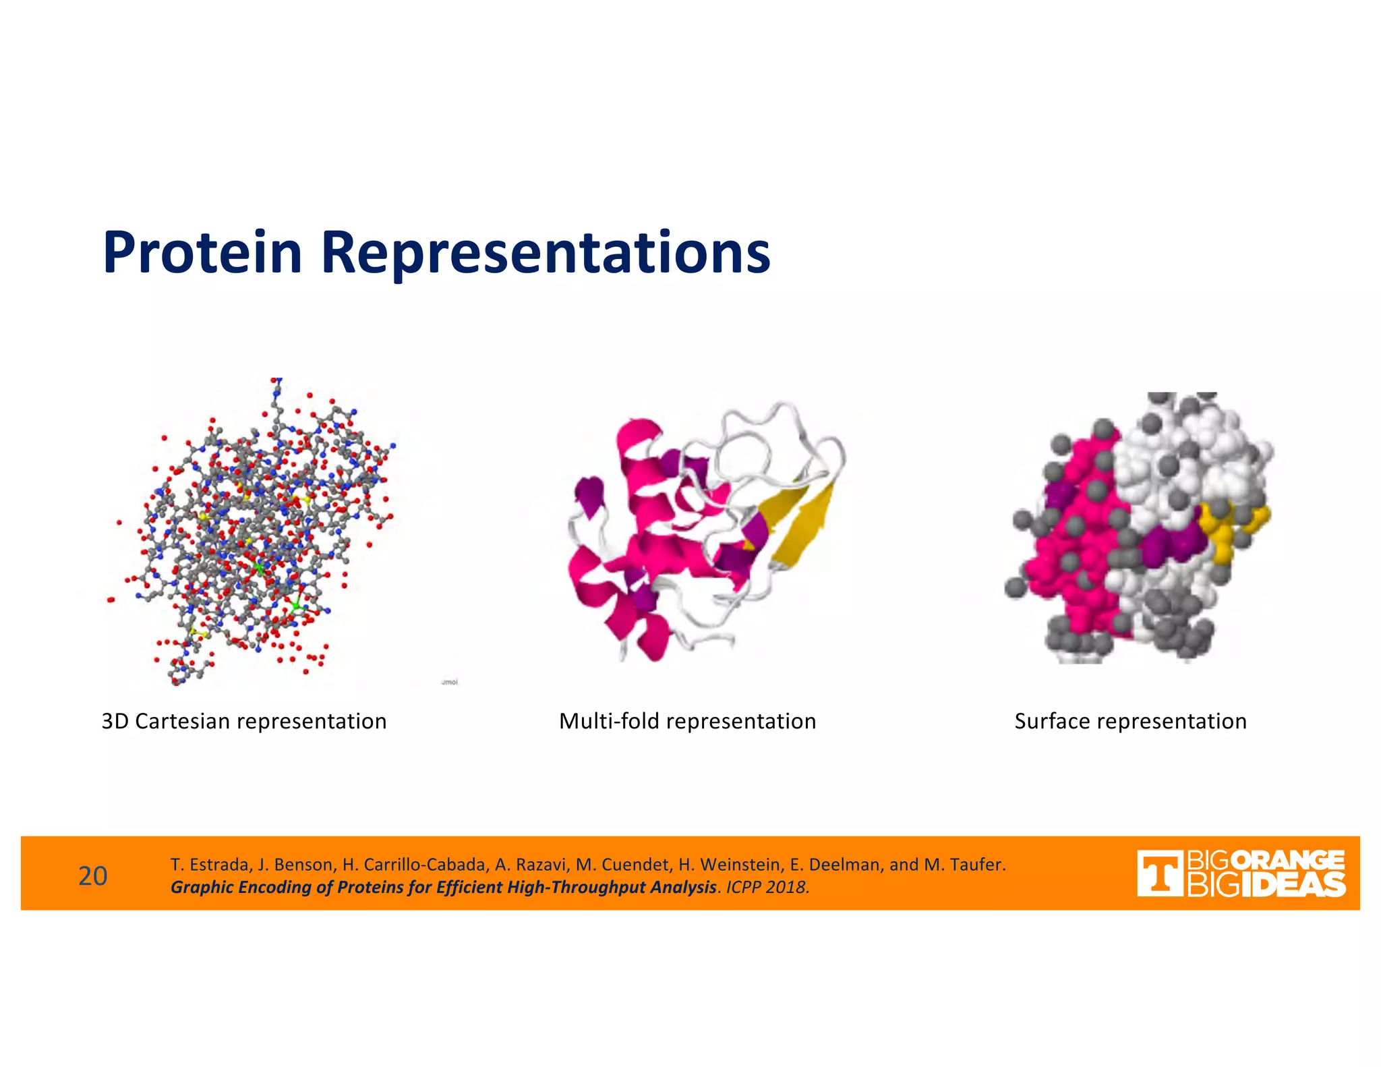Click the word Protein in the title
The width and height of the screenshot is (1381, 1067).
(x=202, y=253)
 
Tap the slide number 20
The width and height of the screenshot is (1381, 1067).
(x=92, y=875)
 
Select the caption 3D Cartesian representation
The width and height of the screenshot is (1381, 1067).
(x=244, y=721)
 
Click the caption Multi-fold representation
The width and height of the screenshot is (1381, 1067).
(x=687, y=721)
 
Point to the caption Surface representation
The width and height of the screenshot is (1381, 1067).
(x=1130, y=721)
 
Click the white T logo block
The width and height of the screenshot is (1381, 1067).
(x=1159, y=873)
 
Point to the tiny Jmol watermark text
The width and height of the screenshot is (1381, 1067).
(x=449, y=682)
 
